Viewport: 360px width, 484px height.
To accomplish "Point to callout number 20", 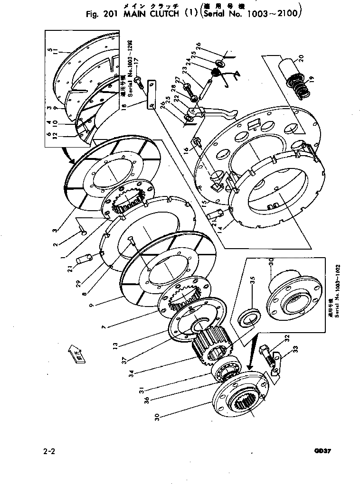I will (298, 60).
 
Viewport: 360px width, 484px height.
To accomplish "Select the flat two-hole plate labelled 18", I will (151, 96).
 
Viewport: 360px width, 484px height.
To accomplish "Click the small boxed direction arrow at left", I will (77, 356).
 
